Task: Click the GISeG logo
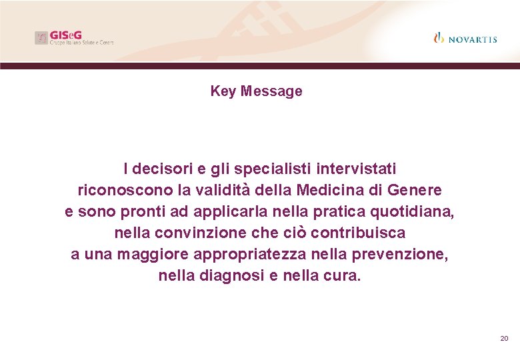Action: [x=74, y=37]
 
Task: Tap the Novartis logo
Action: [x=465, y=38]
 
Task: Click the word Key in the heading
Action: [x=223, y=91]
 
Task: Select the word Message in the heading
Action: [x=271, y=91]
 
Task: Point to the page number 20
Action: [x=504, y=339]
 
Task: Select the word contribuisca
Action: [x=358, y=233]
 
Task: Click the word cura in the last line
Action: [x=341, y=276]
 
